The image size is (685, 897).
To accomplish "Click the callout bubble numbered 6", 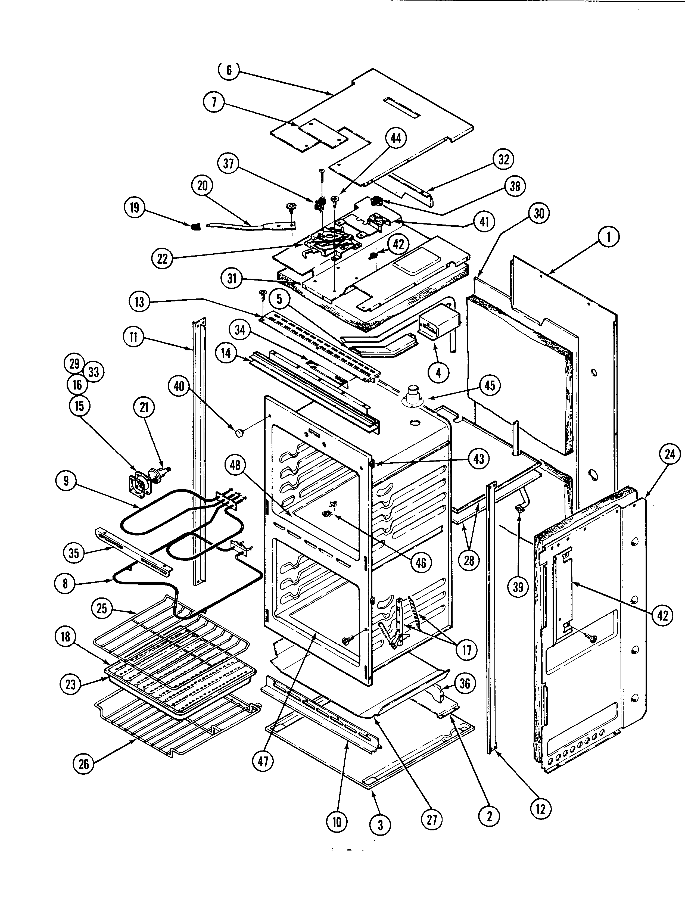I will pos(229,70).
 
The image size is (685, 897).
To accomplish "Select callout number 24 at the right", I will pos(670,454).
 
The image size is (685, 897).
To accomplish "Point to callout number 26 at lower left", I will pos(84,764).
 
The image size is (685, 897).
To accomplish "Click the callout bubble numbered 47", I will pos(263,761).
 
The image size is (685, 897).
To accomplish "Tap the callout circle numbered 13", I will pos(139,302).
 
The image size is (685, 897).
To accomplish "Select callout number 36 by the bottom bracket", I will pos(465,683).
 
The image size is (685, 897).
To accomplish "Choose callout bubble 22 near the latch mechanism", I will pos(162,258).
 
